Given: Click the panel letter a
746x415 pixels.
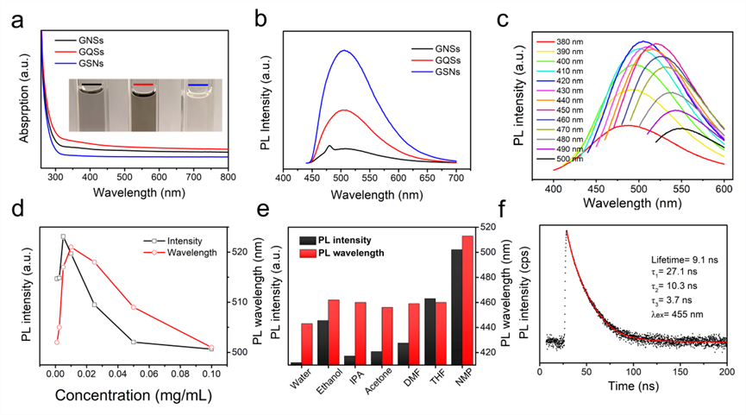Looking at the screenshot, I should [x=16, y=17].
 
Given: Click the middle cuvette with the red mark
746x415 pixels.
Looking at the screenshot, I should [x=143, y=106].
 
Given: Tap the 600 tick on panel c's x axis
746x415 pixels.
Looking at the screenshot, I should [x=724, y=189].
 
